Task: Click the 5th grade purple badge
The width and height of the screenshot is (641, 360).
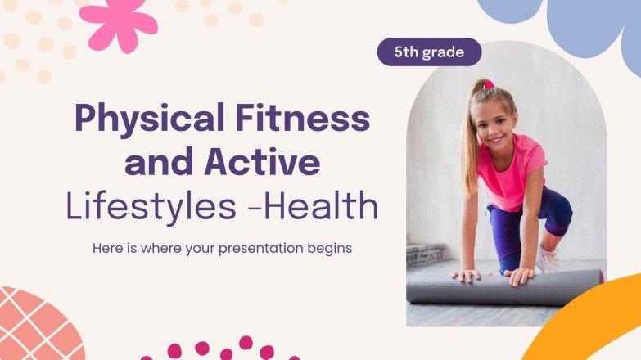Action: (x=429, y=52)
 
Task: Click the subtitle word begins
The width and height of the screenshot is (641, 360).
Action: (x=329, y=248)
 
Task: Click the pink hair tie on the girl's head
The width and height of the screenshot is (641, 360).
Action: (x=488, y=84)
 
